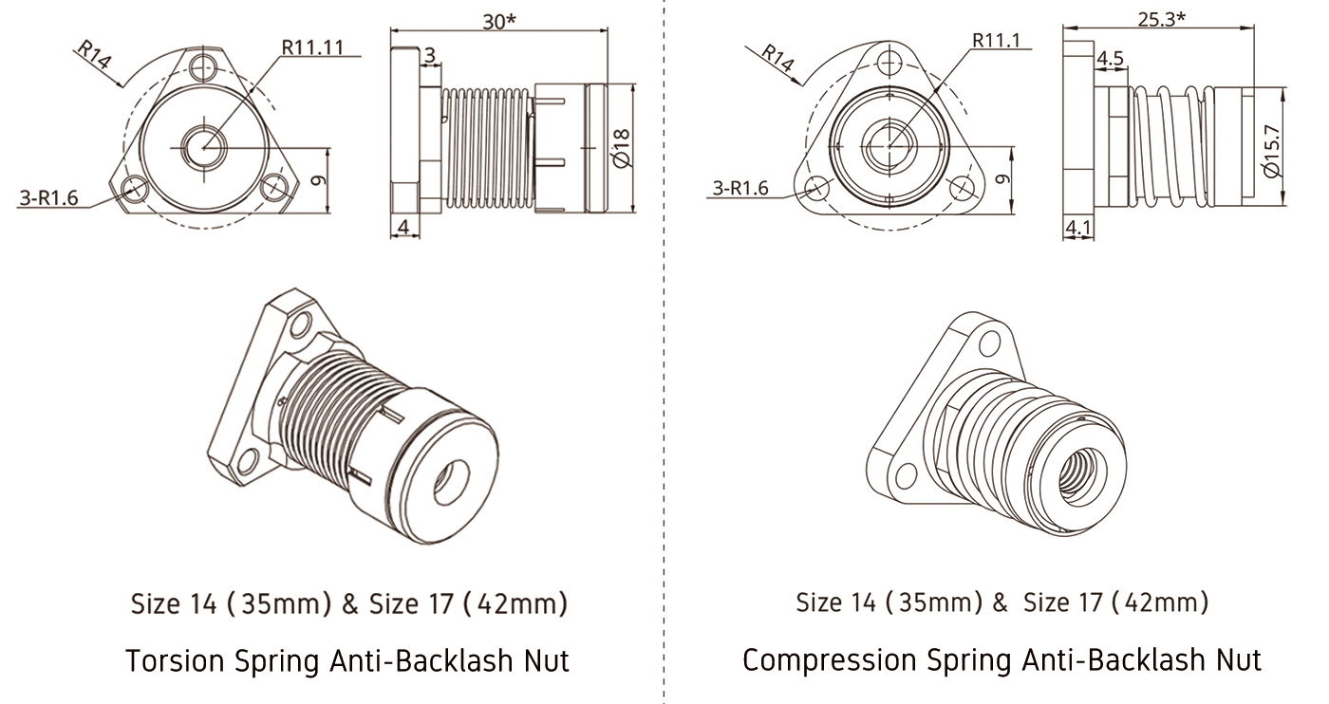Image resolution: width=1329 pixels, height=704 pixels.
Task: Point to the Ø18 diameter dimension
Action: [621, 147]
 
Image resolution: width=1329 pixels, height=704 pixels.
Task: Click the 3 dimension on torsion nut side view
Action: [430, 57]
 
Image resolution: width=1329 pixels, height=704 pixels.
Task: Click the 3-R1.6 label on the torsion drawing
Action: [48, 197]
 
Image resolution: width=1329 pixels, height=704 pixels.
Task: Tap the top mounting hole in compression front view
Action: [889, 63]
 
